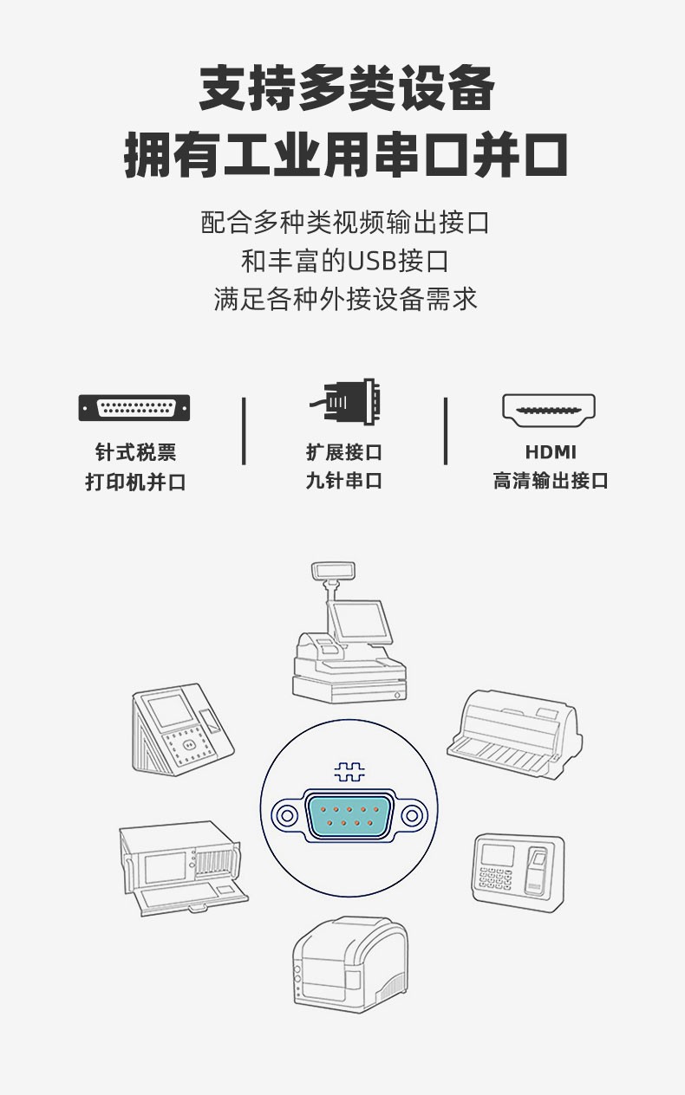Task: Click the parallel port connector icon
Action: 134,408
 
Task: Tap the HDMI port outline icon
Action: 549,411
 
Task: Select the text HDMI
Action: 551,452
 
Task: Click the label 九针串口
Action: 344,481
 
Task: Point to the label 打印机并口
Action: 135,482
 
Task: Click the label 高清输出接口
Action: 551,481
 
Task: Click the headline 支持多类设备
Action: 347,88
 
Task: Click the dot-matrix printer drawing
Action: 514,735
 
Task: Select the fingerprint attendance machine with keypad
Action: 519,868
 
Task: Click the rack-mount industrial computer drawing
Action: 184,868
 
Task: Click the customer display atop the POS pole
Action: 333,570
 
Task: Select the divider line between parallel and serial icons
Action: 244,431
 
